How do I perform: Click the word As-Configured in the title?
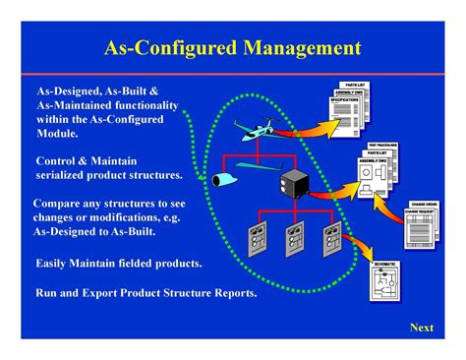pos(173,47)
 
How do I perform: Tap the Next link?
pos(421,327)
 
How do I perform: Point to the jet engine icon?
pos(221,179)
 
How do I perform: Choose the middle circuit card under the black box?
pos(292,240)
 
